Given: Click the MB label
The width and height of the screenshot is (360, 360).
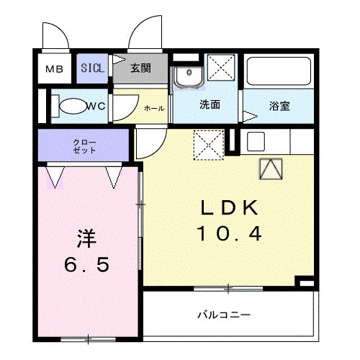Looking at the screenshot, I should [x=55, y=70].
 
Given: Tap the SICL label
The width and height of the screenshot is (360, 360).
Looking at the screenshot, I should [x=92, y=68].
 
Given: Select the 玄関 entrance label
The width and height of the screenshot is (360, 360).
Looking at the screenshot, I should [x=140, y=68].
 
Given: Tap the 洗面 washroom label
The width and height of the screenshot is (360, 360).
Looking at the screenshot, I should [x=210, y=105].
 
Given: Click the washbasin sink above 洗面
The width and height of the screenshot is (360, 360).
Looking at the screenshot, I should [x=189, y=75].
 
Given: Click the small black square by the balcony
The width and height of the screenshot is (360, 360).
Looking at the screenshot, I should [x=306, y=284].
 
